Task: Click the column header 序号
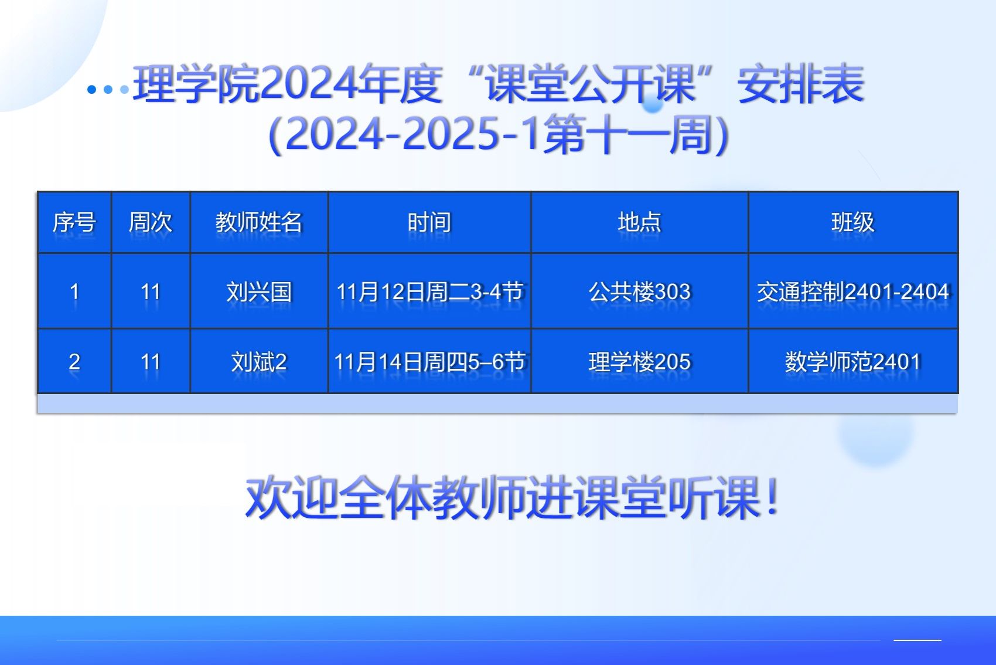coord(74,222)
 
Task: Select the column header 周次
coord(151,222)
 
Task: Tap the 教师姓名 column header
coord(259,222)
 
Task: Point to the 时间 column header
coord(429,222)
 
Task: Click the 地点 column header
coord(639,222)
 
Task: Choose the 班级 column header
coord(853,222)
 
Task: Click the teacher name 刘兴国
coord(259,292)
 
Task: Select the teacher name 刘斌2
coord(259,361)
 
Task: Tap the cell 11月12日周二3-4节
coord(429,292)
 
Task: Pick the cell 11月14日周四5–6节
coord(429,361)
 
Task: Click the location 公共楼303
coord(639,292)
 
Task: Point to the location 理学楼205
coord(639,361)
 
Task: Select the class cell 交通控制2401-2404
coord(853,292)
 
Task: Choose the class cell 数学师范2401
coord(853,361)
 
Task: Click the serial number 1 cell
coord(74,292)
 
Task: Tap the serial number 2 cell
coord(74,361)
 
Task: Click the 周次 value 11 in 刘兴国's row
coord(151,292)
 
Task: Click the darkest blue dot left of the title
coord(91,90)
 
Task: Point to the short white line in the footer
coord(917,640)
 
